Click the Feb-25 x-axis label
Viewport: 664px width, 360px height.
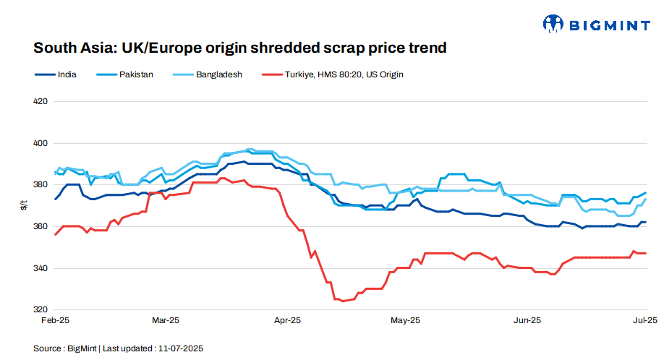pyautogui.click(x=55, y=320)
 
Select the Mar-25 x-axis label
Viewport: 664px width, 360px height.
pyautogui.click(x=166, y=320)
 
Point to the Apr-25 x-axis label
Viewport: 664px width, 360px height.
pyautogui.click(x=288, y=320)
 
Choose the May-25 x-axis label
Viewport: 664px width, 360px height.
pyautogui.click(x=405, y=320)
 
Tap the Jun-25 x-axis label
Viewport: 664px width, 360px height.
pyautogui.click(x=527, y=320)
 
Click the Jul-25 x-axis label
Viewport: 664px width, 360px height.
pyautogui.click(x=645, y=320)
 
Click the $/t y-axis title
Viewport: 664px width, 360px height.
pyautogui.click(x=23, y=206)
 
